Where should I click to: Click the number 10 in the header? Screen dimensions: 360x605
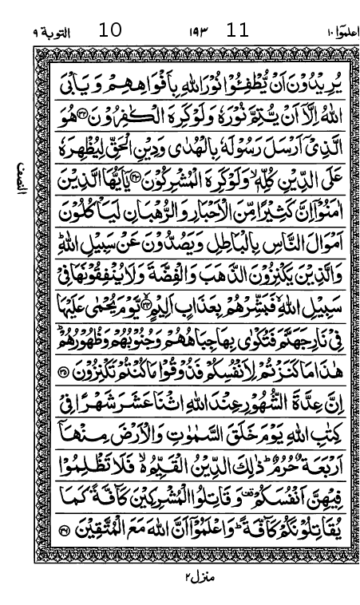click(x=110, y=31)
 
